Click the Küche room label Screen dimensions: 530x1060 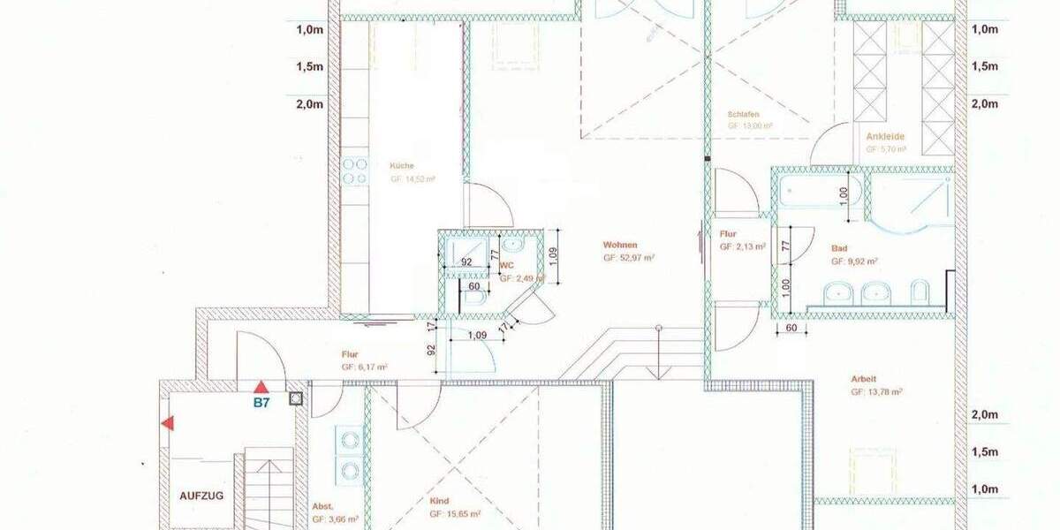402,165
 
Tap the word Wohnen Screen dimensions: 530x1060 620,245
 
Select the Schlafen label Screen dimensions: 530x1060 744,115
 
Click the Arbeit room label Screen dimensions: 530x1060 864,378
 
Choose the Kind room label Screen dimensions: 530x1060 439,501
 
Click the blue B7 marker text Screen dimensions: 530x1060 261,403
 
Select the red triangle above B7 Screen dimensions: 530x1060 261,387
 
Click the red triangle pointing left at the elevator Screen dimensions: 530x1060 167,424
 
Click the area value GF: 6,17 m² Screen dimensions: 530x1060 366,366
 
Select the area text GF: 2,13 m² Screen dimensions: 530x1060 742,247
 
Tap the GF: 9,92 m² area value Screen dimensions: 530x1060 853,261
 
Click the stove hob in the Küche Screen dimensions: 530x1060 354,171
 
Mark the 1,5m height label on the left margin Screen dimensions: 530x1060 308,66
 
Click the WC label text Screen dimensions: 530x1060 507,265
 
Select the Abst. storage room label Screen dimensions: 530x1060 323,506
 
